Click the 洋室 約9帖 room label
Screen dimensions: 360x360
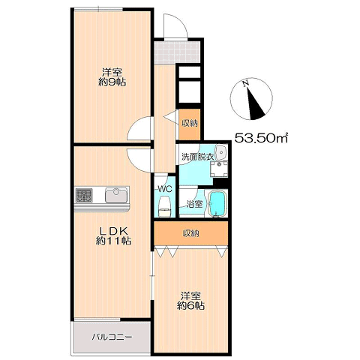coord(112,77)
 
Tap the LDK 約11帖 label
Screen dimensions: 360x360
coord(113,235)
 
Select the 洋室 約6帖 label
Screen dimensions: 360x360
coord(190,301)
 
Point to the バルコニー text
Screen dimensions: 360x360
coord(112,337)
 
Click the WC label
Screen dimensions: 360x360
coord(166,189)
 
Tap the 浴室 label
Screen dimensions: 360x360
coord(195,205)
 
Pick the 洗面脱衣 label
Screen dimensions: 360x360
coord(197,157)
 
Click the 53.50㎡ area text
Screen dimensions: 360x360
coord(261,138)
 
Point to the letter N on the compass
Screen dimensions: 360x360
coord(246,83)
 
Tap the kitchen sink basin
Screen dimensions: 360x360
coord(116,195)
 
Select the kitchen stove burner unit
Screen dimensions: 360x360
coord(84,196)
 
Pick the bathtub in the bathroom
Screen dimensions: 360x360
coord(217,204)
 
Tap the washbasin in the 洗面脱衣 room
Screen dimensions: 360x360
coord(221,152)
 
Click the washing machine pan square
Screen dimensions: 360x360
coord(219,169)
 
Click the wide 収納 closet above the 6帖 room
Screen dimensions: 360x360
coord(191,233)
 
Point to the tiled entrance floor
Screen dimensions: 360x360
coord(177,52)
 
